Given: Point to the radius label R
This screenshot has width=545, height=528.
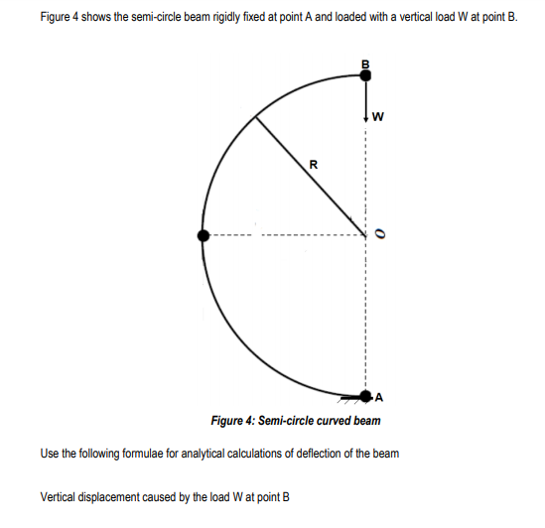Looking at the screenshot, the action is (314, 165).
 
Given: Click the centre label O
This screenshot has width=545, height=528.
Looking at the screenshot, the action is (378, 234).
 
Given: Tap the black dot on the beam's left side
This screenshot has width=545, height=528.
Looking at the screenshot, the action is (204, 235).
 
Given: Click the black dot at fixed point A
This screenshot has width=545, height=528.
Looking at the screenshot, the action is (366, 397).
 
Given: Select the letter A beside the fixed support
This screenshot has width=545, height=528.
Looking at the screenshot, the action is (380, 398).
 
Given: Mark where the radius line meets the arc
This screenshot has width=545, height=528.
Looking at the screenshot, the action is (258, 117).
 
